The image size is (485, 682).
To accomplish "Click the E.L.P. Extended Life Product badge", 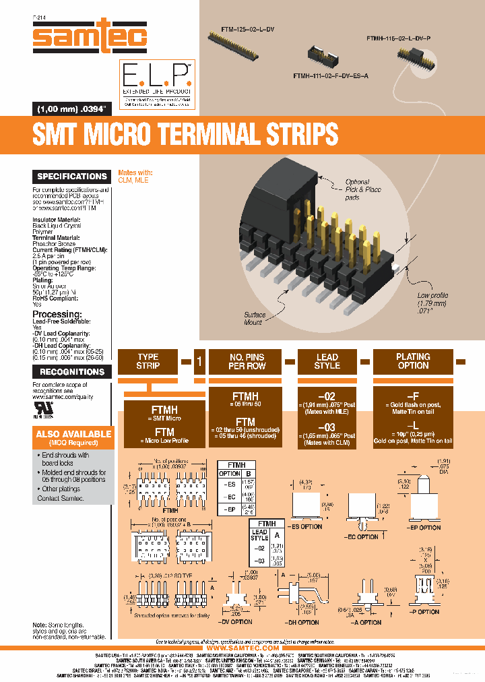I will [x=156, y=84].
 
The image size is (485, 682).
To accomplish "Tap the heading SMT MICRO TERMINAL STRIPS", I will [x=185, y=134].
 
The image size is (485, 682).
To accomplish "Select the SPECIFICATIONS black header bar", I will [x=72, y=177].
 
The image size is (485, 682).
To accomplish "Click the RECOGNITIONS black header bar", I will [x=72, y=371].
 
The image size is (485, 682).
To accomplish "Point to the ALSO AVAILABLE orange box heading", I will [x=74, y=434].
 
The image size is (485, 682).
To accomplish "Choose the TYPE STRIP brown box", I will [x=148, y=361].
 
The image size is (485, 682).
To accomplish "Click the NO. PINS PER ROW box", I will [x=247, y=361].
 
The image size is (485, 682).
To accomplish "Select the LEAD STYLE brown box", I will [x=327, y=361].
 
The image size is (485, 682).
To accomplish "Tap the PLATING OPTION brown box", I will [x=413, y=361].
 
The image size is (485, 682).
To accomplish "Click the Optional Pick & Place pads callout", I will [x=363, y=190].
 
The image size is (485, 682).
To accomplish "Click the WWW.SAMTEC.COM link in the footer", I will [x=242, y=648].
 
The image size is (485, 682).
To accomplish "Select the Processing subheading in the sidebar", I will [x=59, y=314].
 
